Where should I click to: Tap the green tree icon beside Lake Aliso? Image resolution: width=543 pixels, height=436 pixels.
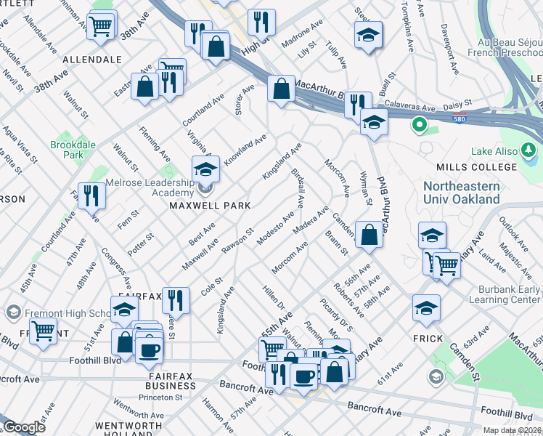click(530, 151)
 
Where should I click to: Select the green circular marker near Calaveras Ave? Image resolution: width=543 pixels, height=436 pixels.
click(418, 125)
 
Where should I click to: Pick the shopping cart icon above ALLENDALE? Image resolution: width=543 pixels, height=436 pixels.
click(102, 26)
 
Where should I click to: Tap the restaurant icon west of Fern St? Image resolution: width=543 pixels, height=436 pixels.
click(91, 196)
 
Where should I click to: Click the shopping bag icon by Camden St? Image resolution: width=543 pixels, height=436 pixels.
click(369, 235)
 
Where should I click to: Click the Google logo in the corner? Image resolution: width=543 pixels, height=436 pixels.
click(23, 427)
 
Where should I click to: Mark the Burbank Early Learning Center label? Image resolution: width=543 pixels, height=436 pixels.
click(505, 293)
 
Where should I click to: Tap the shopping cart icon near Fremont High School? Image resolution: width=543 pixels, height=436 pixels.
click(44, 331)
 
